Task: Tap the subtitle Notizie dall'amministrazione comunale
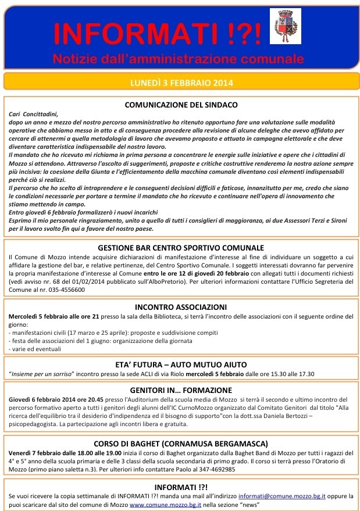coord(178,59)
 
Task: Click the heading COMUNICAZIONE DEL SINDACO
coord(181,105)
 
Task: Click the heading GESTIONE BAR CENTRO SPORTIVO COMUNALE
coord(181,248)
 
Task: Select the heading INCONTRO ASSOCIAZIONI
coord(180,307)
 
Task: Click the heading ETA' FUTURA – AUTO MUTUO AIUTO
coord(180,365)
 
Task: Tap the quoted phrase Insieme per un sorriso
coord(43,374)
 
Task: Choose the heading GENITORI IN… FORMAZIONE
coord(180,390)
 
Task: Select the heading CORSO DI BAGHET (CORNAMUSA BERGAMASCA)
coord(180,443)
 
